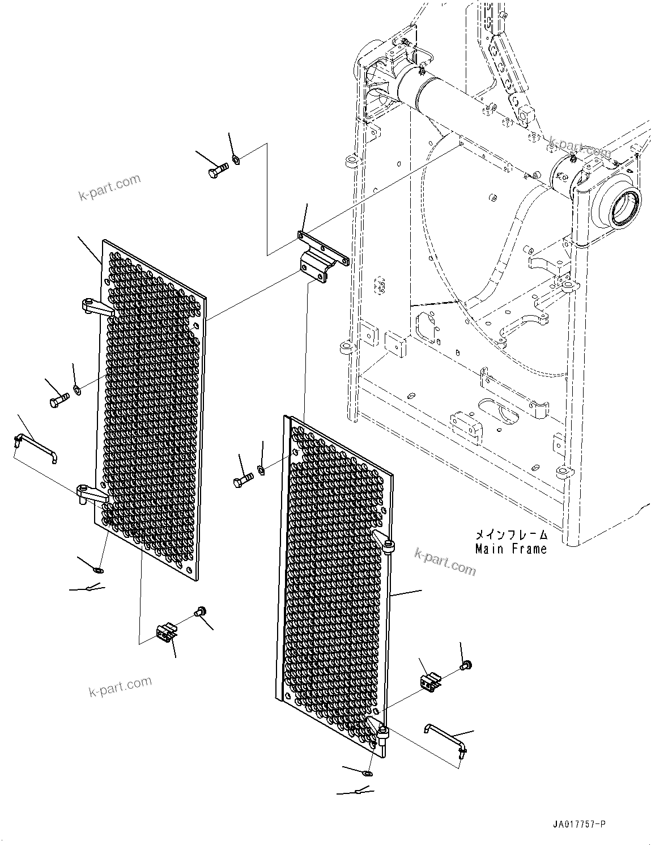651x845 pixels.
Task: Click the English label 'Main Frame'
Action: click(x=510, y=549)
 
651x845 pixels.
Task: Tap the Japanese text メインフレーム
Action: click(x=510, y=534)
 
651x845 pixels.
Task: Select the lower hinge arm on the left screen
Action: click(x=93, y=495)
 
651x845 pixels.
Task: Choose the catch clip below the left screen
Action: click(x=165, y=632)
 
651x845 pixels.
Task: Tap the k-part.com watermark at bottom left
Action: click(x=120, y=688)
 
